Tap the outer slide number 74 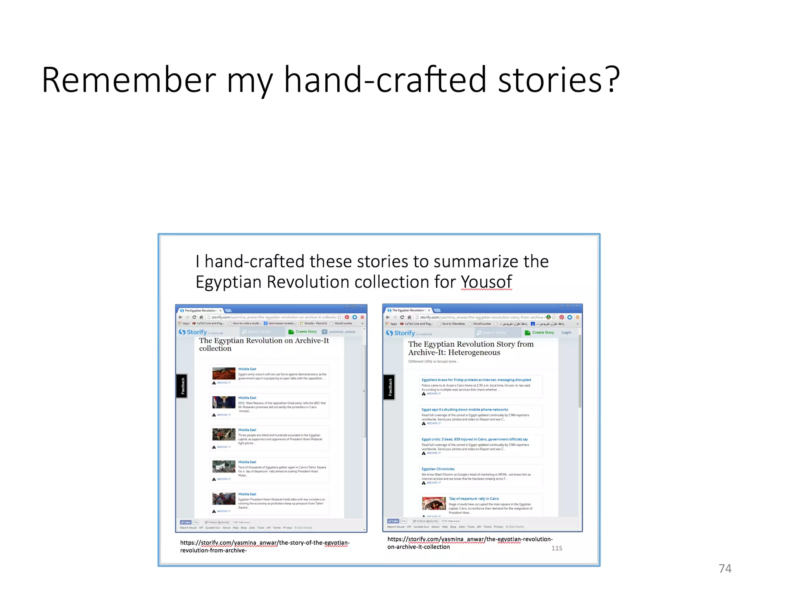725,568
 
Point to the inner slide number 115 556,548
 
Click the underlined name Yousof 486,282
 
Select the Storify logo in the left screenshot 193,332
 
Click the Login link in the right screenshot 566,332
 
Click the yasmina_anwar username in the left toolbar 342,332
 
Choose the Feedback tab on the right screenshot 389,387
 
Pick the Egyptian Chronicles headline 438,469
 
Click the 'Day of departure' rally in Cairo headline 474,499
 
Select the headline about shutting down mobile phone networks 464,409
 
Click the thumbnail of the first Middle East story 224,373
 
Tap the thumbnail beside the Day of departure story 434,503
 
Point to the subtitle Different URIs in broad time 433,361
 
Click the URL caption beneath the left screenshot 265,546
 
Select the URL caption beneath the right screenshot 470,543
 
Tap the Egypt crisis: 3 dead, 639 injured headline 475,439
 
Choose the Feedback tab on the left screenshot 182,386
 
